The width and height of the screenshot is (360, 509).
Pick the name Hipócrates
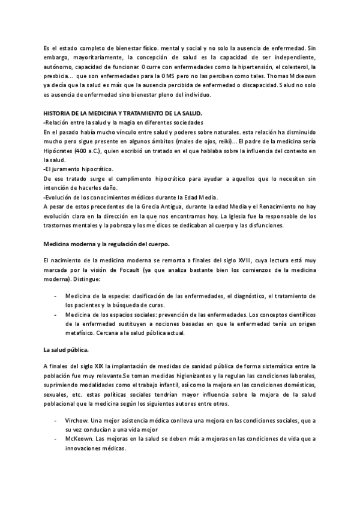click(x=61, y=152)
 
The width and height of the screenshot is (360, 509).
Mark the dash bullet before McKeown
click(x=56, y=438)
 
